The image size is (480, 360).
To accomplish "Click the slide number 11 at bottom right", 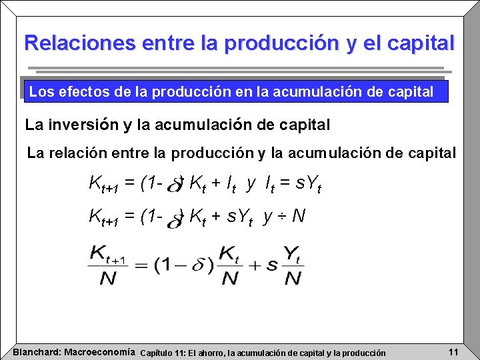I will (453, 351).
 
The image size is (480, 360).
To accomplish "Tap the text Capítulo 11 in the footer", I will (167, 353).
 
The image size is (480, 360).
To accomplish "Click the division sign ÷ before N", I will (283, 216).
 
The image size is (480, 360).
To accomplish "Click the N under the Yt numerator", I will (292, 278).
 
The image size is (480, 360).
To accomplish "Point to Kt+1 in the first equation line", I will (104, 183).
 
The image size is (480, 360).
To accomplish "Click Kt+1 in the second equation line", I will (104, 216).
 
